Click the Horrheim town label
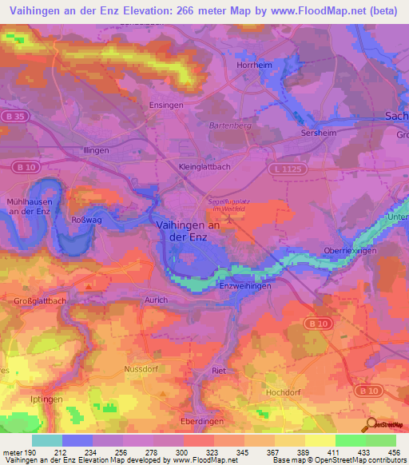255,65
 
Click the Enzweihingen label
245,284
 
